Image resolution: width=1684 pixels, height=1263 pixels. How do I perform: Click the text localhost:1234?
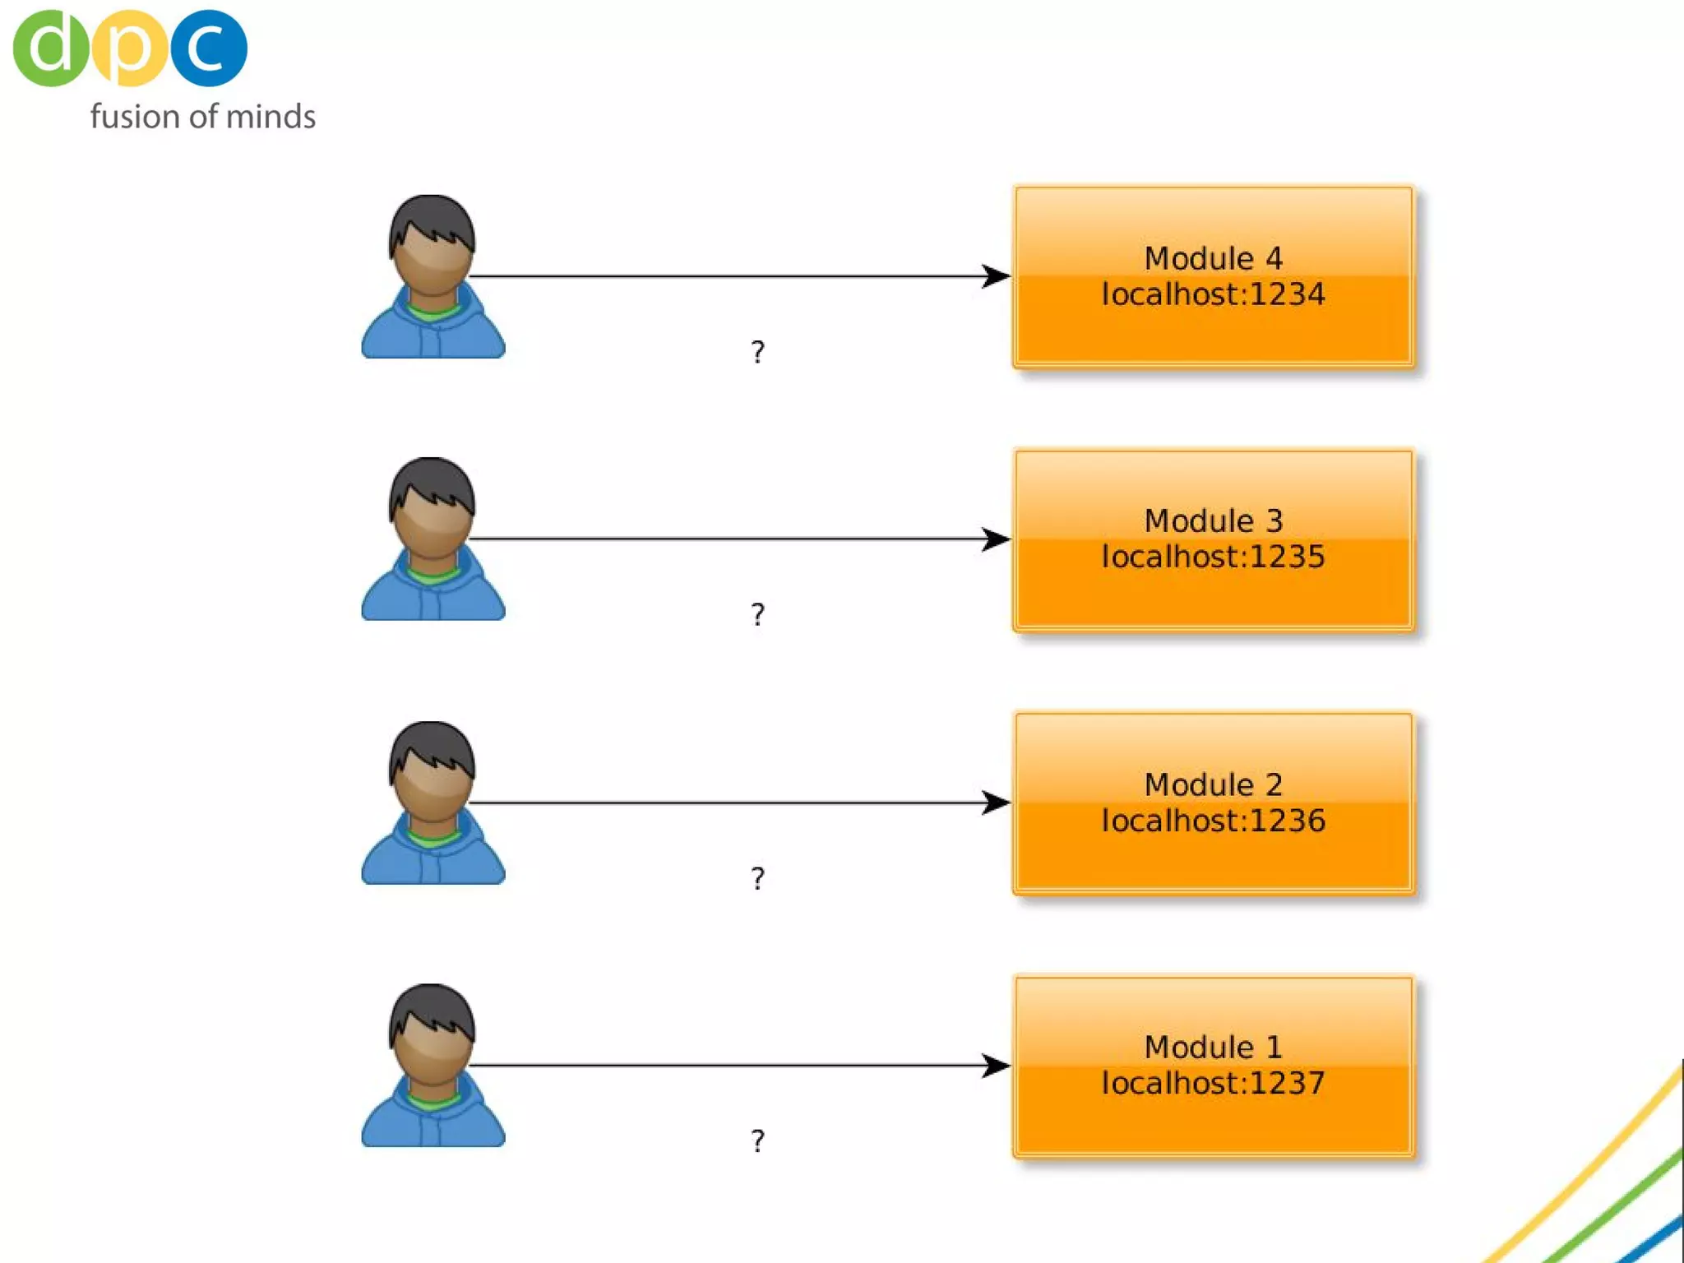click(1214, 294)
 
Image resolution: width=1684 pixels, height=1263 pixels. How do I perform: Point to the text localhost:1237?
click(1214, 1083)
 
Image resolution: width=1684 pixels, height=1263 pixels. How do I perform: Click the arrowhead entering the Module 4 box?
click(997, 276)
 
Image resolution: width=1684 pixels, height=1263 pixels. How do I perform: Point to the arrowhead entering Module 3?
click(997, 539)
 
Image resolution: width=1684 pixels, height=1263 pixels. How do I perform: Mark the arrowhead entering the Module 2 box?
click(997, 803)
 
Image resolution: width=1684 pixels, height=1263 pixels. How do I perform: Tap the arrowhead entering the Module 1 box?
click(997, 1066)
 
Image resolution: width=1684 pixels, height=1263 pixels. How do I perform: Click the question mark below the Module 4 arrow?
click(758, 352)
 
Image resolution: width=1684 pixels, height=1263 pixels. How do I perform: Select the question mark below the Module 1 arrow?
click(758, 1140)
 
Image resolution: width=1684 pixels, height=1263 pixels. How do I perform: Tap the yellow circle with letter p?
click(130, 48)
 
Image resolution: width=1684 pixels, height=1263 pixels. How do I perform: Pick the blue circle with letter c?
click(209, 48)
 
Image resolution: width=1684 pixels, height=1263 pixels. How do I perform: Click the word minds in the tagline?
click(271, 117)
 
